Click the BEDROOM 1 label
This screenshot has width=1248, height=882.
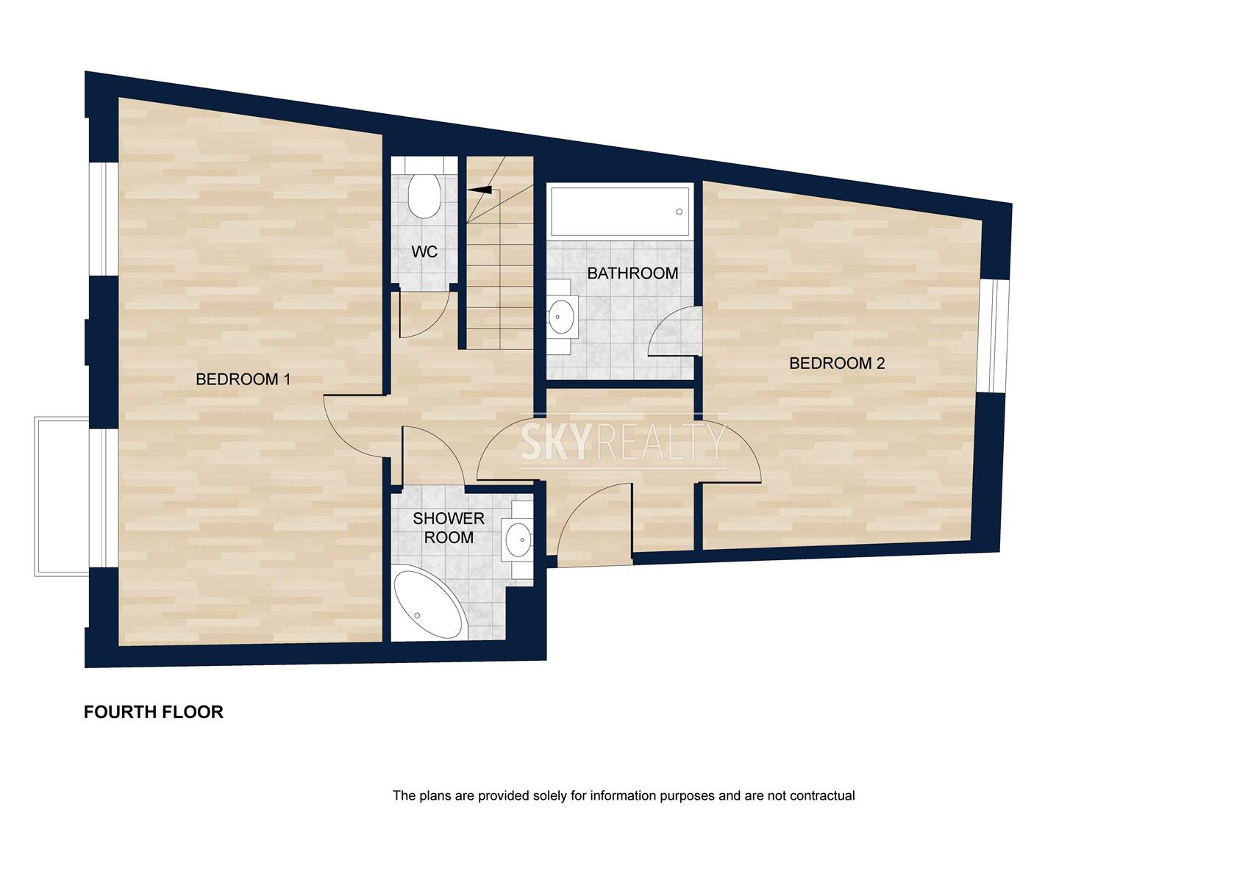[x=243, y=379]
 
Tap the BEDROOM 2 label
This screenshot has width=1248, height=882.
[x=837, y=363]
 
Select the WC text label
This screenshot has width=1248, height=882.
[x=424, y=251]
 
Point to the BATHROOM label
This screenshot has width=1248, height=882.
[x=632, y=273]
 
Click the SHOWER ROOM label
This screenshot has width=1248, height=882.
[x=449, y=528]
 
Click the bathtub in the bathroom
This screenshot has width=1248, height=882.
[x=619, y=212]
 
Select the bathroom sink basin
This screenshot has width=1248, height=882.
[x=562, y=316]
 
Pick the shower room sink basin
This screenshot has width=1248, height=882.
[x=518, y=539]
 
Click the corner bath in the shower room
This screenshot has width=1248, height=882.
[x=428, y=603]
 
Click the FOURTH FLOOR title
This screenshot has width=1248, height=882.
[x=153, y=711]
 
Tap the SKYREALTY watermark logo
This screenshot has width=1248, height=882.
[x=624, y=441]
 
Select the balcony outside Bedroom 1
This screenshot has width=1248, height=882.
[x=62, y=496]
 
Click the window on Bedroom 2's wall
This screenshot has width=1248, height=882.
[x=995, y=335]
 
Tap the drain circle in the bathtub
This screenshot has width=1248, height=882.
[x=680, y=212]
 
